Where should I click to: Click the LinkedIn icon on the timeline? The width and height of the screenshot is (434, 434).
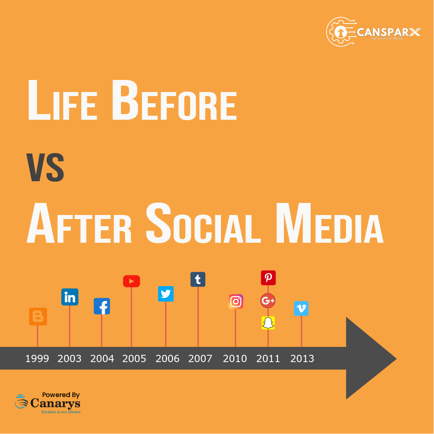click(70, 297)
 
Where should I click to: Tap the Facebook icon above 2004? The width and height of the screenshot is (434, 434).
click(102, 306)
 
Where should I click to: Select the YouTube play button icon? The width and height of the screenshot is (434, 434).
click(131, 281)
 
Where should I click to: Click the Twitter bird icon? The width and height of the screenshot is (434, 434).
click(166, 294)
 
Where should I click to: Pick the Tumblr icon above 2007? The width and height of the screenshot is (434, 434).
click(198, 279)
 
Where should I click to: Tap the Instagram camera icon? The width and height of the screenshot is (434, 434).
click(236, 301)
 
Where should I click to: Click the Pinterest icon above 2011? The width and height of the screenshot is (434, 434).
click(268, 278)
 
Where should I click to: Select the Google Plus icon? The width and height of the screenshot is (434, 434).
click(268, 300)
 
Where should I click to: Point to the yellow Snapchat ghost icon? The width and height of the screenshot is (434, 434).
click(268, 323)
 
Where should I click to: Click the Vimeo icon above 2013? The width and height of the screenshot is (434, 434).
click(301, 308)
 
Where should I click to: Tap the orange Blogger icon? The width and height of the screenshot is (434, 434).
click(38, 317)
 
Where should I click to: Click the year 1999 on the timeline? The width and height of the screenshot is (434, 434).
click(37, 358)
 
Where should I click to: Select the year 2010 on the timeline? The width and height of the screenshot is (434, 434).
click(235, 358)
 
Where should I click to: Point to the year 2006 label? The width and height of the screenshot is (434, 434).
click(167, 358)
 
